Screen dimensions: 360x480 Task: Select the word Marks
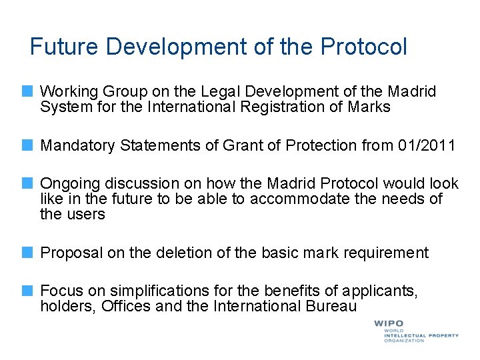369,107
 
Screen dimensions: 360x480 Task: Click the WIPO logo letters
388,323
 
